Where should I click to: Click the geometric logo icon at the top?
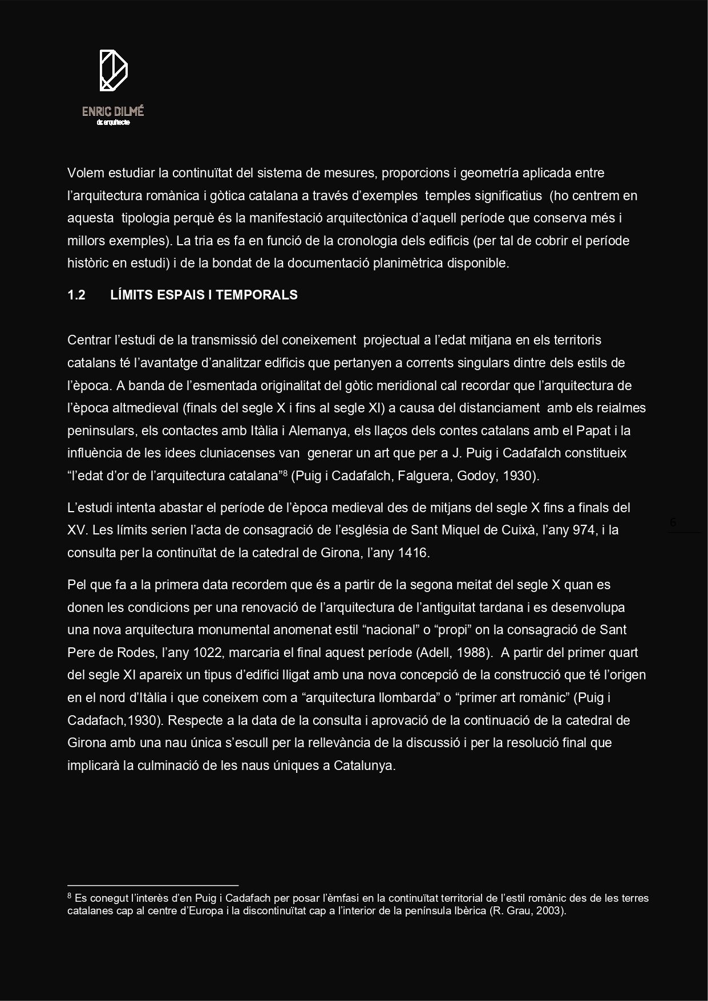point(114,70)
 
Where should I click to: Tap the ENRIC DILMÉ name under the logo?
point(113,111)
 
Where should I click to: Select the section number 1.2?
point(76,295)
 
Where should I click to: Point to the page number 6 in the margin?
point(673,522)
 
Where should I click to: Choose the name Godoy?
point(476,476)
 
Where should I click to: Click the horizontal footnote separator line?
point(152,886)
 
